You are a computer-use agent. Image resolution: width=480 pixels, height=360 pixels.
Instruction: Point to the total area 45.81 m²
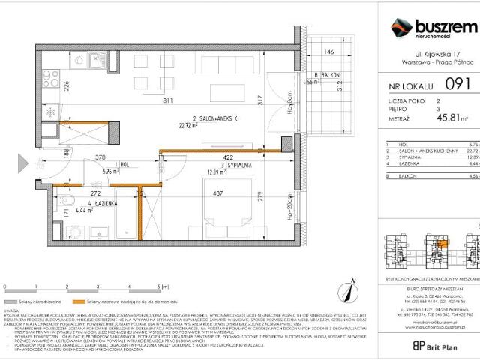tap(454, 117)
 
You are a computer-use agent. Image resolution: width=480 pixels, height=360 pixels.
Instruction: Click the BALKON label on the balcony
tap(330, 75)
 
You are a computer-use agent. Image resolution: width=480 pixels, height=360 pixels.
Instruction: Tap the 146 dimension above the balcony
tap(328, 53)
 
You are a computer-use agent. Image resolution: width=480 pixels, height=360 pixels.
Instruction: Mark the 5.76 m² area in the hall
tap(109, 172)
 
